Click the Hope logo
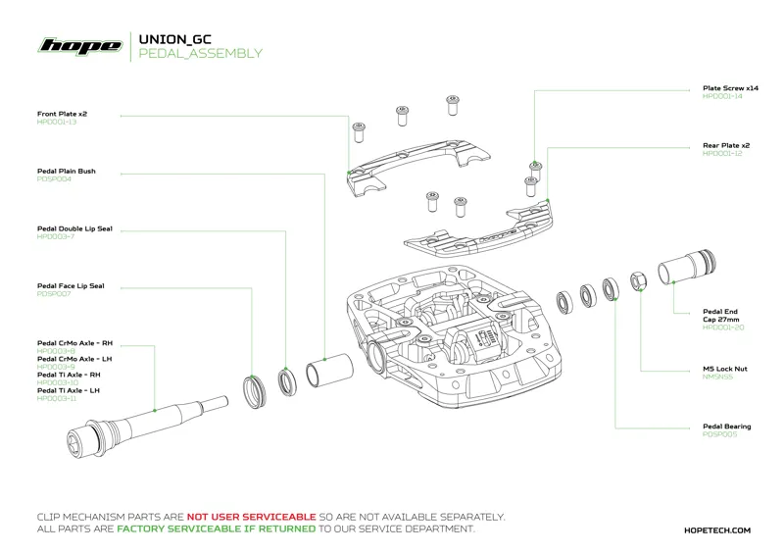(x=79, y=46)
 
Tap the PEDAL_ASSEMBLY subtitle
(x=201, y=54)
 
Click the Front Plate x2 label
(x=63, y=114)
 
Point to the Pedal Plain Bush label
(x=66, y=171)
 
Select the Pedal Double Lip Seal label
(x=74, y=228)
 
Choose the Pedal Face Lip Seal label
(x=71, y=286)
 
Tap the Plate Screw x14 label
(x=730, y=88)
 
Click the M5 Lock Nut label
(x=725, y=369)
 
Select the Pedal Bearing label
(x=726, y=427)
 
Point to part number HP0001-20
(x=723, y=327)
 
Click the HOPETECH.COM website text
(x=716, y=529)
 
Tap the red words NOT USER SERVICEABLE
(x=251, y=516)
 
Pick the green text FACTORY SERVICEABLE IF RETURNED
(x=216, y=529)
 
